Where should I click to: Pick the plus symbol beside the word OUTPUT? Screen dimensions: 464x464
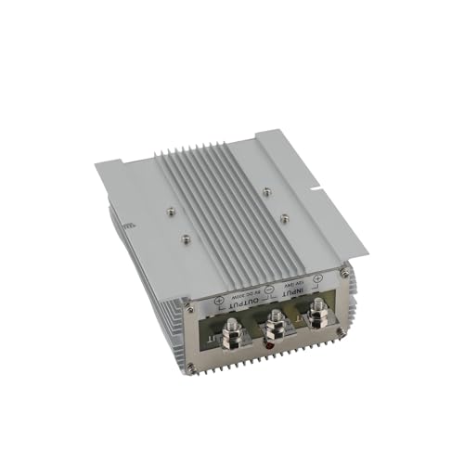(x=218, y=303)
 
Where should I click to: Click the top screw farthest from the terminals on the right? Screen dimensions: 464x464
(x=267, y=191)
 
